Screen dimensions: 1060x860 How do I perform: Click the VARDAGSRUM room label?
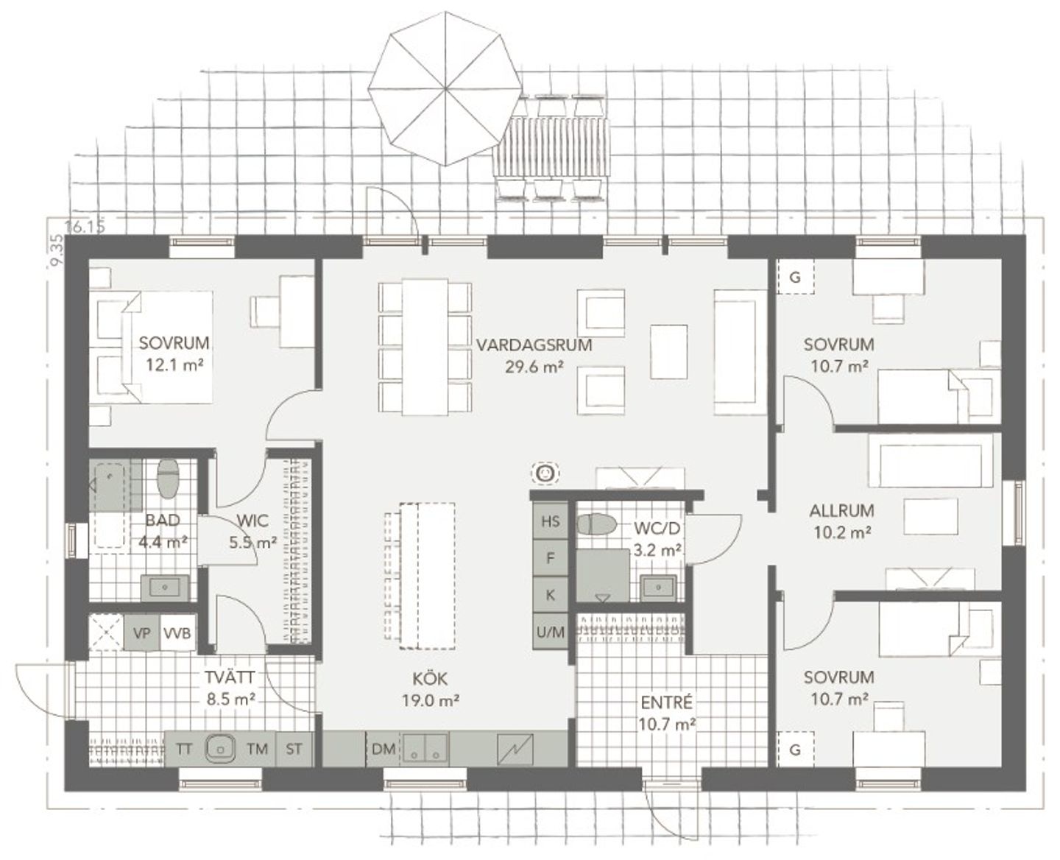tap(534, 345)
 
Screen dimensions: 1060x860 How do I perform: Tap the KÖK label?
tap(430, 678)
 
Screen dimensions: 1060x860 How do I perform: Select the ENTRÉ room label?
tap(666, 702)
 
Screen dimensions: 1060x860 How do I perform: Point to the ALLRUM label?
tap(841, 511)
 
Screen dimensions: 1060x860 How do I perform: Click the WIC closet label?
tap(252, 521)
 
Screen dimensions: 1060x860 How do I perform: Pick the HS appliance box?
tap(550, 521)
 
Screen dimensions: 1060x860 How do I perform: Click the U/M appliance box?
tap(550, 632)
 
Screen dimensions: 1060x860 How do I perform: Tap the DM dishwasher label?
tap(384, 749)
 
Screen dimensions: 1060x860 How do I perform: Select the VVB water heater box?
tap(177, 633)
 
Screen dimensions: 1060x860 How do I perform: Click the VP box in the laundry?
tap(142, 633)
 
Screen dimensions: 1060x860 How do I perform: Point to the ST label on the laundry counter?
tap(294, 749)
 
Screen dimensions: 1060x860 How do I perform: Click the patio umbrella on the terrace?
tap(445, 88)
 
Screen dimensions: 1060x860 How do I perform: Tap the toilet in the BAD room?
tap(168, 478)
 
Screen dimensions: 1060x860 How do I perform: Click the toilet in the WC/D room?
tap(597, 524)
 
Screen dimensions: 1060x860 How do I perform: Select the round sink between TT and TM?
tap(220, 747)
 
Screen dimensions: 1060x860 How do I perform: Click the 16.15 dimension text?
tap(85, 227)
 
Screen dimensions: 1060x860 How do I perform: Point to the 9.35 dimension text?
tap(57, 251)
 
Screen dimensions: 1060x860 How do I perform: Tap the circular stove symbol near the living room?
tap(545, 473)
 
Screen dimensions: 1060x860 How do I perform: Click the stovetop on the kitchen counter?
tap(515, 749)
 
